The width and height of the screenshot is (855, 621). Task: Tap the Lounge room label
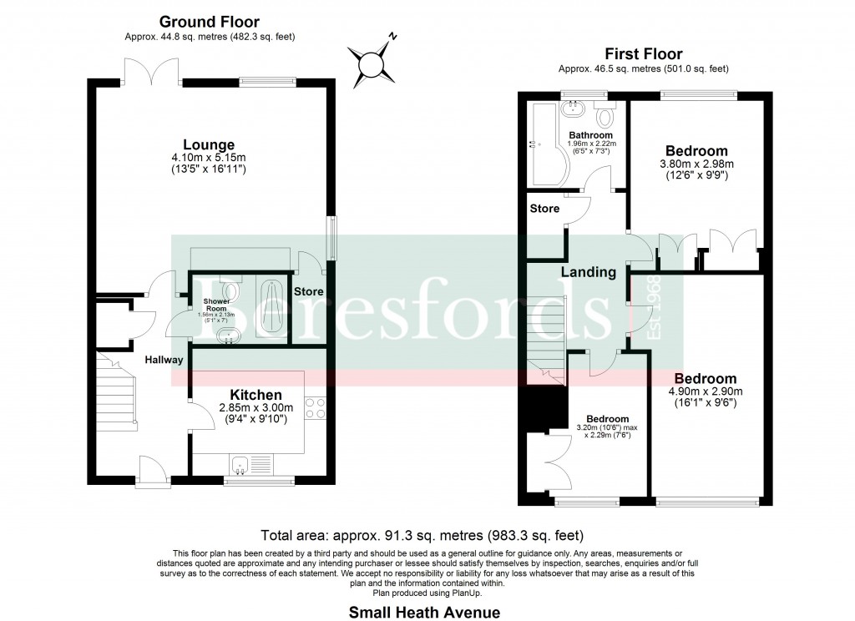click(210, 144)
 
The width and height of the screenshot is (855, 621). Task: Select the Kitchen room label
click(255, 395)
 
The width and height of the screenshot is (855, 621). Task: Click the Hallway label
click(164, 360)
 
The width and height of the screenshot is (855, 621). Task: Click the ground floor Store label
click(308, 291)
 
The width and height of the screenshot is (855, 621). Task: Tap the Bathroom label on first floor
click(590, 135)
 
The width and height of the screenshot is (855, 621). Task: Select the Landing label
click(588, 272)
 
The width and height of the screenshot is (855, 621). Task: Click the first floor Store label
click(545, 208)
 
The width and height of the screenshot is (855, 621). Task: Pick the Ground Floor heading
click(209, 23)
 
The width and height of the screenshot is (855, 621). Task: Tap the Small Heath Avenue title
click(424, 613)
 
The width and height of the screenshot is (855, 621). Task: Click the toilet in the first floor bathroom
click(604, 112)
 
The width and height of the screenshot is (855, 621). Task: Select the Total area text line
click(422, 535)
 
